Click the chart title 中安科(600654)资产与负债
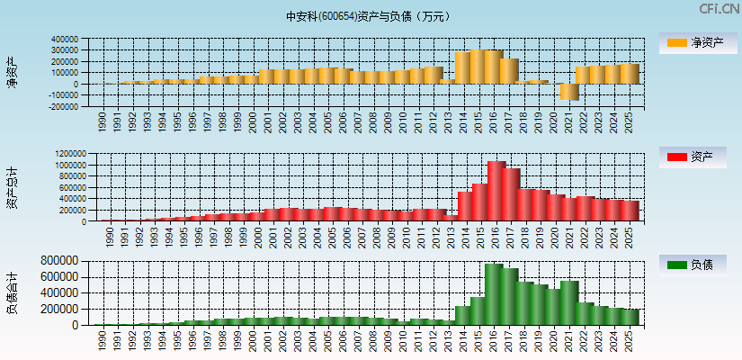368,16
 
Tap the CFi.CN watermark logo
720,8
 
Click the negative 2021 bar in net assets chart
569,92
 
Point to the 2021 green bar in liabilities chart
569,302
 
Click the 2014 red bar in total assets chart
465,206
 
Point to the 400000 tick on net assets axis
65,40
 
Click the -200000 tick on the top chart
63,106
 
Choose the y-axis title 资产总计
13,188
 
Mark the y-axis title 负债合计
13,292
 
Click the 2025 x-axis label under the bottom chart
630,338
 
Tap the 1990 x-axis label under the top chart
102,120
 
